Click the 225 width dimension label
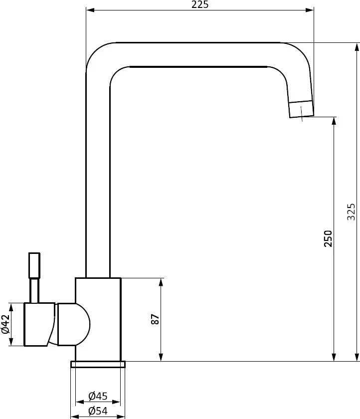[x=199, y=5]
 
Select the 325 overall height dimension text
[x=351, y=211]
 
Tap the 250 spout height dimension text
[x=328, y=239]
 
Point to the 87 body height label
[x=155, y=319]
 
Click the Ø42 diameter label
[x=5, y=324]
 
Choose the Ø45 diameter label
[x=98, y=396]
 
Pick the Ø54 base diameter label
[x=98, y=411]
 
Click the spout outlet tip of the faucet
[x=302, y=109]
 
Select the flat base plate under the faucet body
[x=98, y=364]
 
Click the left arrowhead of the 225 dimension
[x=89, y=9]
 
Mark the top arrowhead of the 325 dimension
[x=357, y=46]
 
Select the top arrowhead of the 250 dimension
[x=333, y=120]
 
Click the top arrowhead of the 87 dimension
[x=161, y=281]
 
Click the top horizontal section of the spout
[x=199, y=54]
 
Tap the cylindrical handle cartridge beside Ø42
[x=39, y=324]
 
